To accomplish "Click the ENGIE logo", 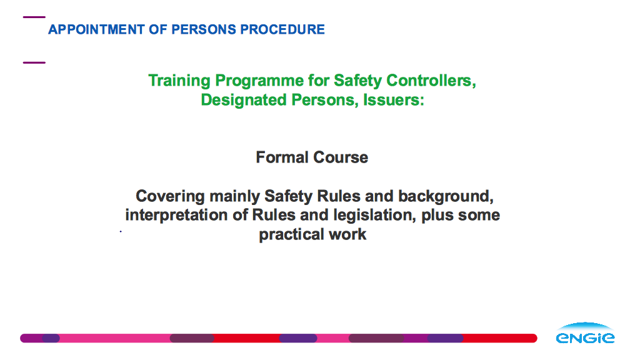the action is [x=585, y=333].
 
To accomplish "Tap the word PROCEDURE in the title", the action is [x=282, y=29].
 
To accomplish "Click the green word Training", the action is [x=179, y=81].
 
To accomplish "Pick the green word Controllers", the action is [x=431, y=81].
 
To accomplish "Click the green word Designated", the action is [x=244, y=100].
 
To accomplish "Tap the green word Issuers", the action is [x=394, y=99].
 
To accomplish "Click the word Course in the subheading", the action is [x=341, y=157].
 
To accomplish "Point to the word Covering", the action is [x=170, y=196].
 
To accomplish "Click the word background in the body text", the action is [x=446, y=196].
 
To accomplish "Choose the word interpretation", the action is [x=176, y=215].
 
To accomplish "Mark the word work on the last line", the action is [x=347, y=234].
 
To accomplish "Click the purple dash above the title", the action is [x=34, y=17].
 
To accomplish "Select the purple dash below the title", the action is [x=34, y=62].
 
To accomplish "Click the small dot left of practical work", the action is [x=121, y=231].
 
